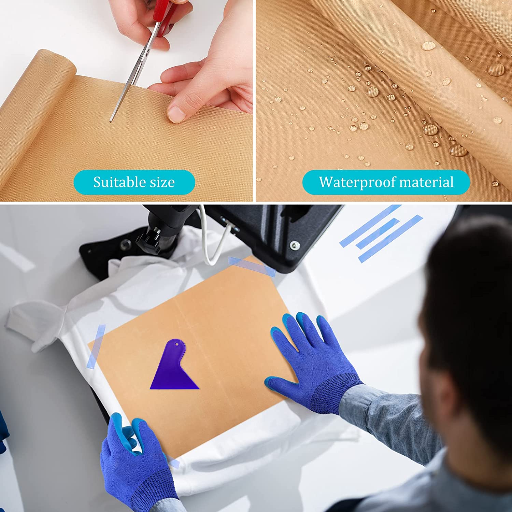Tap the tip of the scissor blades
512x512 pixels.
[x=111, y=121]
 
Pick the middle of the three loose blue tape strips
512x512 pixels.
[x=378, y=233]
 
